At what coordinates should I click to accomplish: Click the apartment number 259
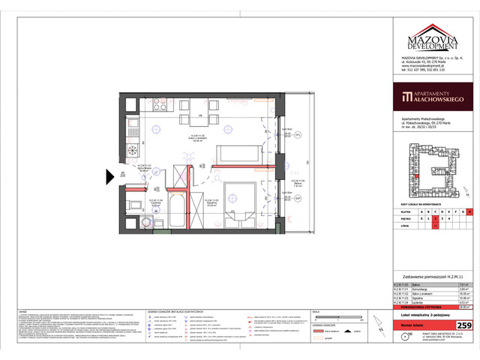pos(464,325)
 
